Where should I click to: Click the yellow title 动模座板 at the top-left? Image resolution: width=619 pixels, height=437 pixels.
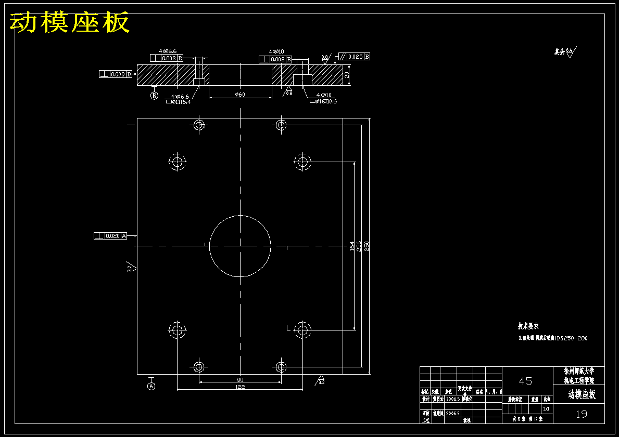coord(70,22)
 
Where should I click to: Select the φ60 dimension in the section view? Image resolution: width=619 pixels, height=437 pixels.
coord(240,95)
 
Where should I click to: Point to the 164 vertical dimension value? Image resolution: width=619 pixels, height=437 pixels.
coord(352,245)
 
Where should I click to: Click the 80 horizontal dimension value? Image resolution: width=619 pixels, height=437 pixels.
coord(239,380)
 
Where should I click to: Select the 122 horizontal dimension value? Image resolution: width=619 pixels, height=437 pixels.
coord(239,387)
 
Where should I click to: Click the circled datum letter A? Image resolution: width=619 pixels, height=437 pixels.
coord(151,386)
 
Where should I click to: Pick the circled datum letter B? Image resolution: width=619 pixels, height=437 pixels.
coord(154,96)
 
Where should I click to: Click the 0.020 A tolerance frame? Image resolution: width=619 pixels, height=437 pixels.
coord(110,236)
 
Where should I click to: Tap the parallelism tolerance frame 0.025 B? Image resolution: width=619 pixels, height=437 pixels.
coord(355,57)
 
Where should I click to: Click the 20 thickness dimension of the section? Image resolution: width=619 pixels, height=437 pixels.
coord(347,75)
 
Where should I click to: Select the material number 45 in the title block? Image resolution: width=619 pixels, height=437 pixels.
coord(526,381)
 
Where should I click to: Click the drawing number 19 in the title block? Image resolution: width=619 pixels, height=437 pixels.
coord(581,414)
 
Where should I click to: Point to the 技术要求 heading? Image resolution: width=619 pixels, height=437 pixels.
coord(528,326)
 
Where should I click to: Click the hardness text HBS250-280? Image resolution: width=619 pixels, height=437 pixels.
coord(571,338)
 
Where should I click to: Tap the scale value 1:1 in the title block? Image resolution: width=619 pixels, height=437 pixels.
coord(546,409)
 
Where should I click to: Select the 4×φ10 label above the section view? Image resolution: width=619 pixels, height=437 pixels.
coord(276,51)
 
